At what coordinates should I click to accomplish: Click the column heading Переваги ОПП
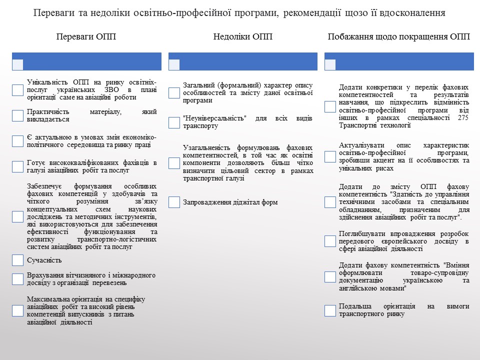coord(86,37)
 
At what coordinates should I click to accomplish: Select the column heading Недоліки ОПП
coord(243,37)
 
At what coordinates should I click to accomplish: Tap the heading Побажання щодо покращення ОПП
coord(399,37)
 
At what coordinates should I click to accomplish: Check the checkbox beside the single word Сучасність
coord(17,260)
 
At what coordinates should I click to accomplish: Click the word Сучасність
coord(44,260)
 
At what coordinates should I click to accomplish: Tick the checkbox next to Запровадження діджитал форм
coord(174,202)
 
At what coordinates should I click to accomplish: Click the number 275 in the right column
coord(463,118)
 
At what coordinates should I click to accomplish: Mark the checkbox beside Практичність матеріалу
coord(17,115)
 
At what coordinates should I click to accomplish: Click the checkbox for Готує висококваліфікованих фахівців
coord(17,166)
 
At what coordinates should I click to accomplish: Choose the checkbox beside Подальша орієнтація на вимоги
coord(330,310)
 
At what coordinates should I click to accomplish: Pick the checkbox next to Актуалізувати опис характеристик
coord(330,156)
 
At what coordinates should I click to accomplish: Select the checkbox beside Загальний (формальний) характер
coord(174,93)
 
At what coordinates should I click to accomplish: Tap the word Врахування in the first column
coord(48,275)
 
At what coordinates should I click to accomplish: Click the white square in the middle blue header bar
coord(174,64)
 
